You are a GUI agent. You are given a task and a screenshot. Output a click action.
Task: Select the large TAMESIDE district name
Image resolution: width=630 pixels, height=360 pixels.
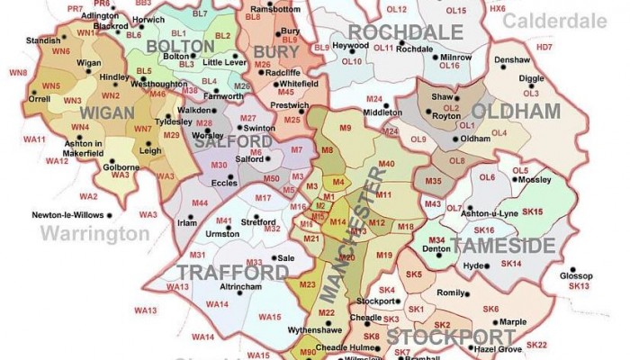503,246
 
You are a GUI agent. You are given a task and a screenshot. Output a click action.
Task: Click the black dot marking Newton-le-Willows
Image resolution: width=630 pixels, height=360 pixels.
112,216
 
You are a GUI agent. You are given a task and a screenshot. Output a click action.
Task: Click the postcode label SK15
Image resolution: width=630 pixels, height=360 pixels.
533,211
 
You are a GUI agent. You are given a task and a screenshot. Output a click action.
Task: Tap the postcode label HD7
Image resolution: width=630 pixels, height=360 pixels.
544,47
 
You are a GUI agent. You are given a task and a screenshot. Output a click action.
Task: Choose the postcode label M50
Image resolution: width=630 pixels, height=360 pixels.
271,179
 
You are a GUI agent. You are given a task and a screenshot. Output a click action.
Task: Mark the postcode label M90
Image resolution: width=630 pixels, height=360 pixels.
308,352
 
